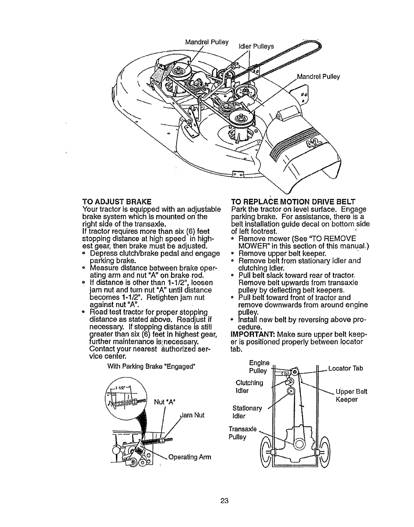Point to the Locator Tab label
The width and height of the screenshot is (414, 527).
pos(345,368)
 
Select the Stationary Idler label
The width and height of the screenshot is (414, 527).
pos(247,412)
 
